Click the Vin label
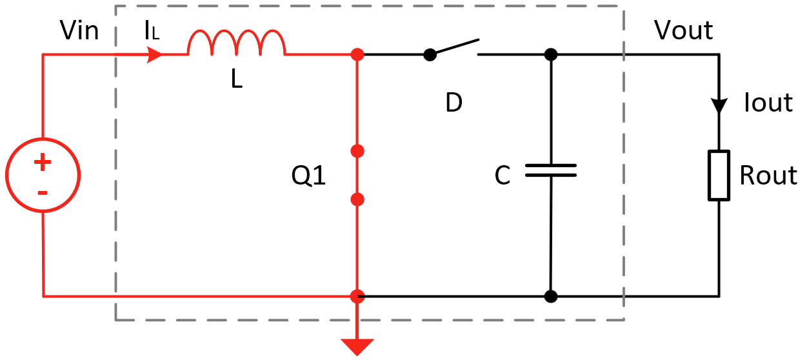pyautogui.click(x=79, y=30)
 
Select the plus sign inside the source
pyautogui.click(x=43, y=163)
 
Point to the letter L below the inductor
pyautogui.click(x=237, y=80)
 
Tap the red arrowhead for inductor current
pyautogui.click(x=155, y=55)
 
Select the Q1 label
pyautogui.click(x=309, y=176)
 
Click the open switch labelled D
pyautogui.click(x=453, y=48)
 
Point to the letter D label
pyautogui.click(x=454, y=103)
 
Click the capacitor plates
pyautogui.click(x=550, y=170)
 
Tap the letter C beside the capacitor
pyautogui.click(x=503, y=176)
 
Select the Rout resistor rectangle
pyautogui.click(x=719, y=175)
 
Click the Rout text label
pyautogui.click(x=768, y=175)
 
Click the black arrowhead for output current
pyautogui.click(x=719, y=106)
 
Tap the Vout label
pyautogui.click(x=683, y=30)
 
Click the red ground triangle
pyautogui.click(x=357, y=346)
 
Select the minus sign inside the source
pyautogui.click(x=43, y=192)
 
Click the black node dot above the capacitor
pyautogui.click(x=550, y=55)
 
